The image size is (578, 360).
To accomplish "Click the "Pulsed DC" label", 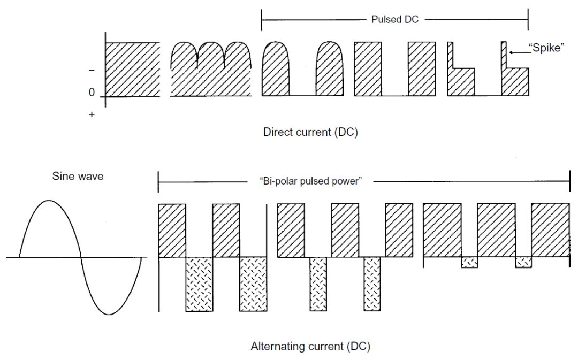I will click(394, 19).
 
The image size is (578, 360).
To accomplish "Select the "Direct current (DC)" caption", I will click(310, 133).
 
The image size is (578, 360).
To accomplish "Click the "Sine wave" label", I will click(78, 175).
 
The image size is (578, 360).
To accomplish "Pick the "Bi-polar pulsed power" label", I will click(310, 181).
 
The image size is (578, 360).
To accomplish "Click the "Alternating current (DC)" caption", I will click(310, 347).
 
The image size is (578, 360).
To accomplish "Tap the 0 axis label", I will click(92, 93).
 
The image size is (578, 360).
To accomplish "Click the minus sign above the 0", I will click(92, 70).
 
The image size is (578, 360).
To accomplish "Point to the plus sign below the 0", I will click(92, 114).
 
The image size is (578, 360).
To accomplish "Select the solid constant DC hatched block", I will click(133, 69).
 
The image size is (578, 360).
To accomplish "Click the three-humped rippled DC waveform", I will click(211, 70).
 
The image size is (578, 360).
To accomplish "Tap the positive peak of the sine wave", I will click(49, 201).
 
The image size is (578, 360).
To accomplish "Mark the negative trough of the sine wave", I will click(111, 313).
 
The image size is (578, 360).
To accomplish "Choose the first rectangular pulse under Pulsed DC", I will click(368, 69).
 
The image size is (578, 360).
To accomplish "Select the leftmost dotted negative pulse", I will click(199, 284).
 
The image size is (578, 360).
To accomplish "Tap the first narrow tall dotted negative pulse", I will click(318, 284).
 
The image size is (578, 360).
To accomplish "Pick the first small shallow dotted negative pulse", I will click(469, 262).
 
